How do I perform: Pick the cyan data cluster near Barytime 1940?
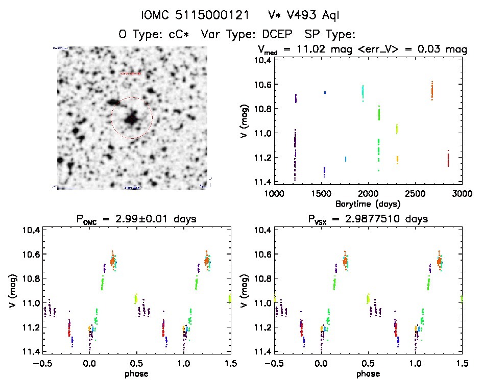(x=363, y=92)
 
